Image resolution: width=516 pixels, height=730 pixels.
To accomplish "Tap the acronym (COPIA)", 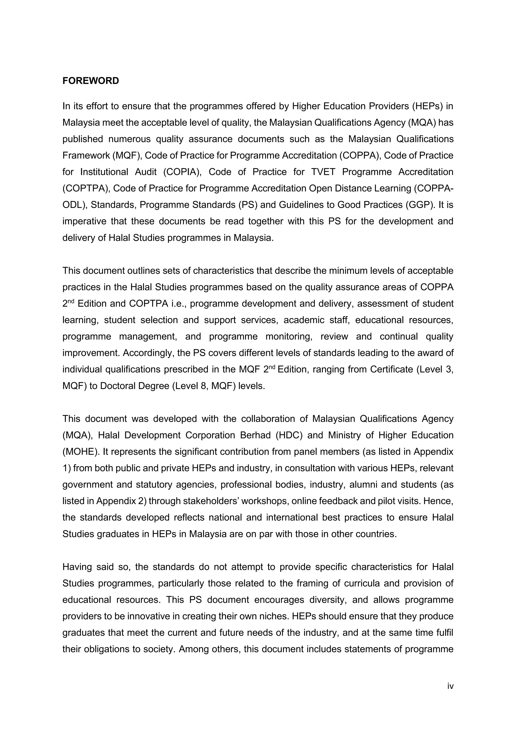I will pyautogui.click(x=183, y=172).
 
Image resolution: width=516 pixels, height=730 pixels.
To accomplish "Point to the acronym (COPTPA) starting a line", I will pyautogui.click(x=86, y=188).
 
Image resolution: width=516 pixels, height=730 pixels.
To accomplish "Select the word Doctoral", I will pyautogui.click(x=118, y=386).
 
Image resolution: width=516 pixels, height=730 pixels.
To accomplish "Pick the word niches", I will pyautogui.click(x=275, y=616).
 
